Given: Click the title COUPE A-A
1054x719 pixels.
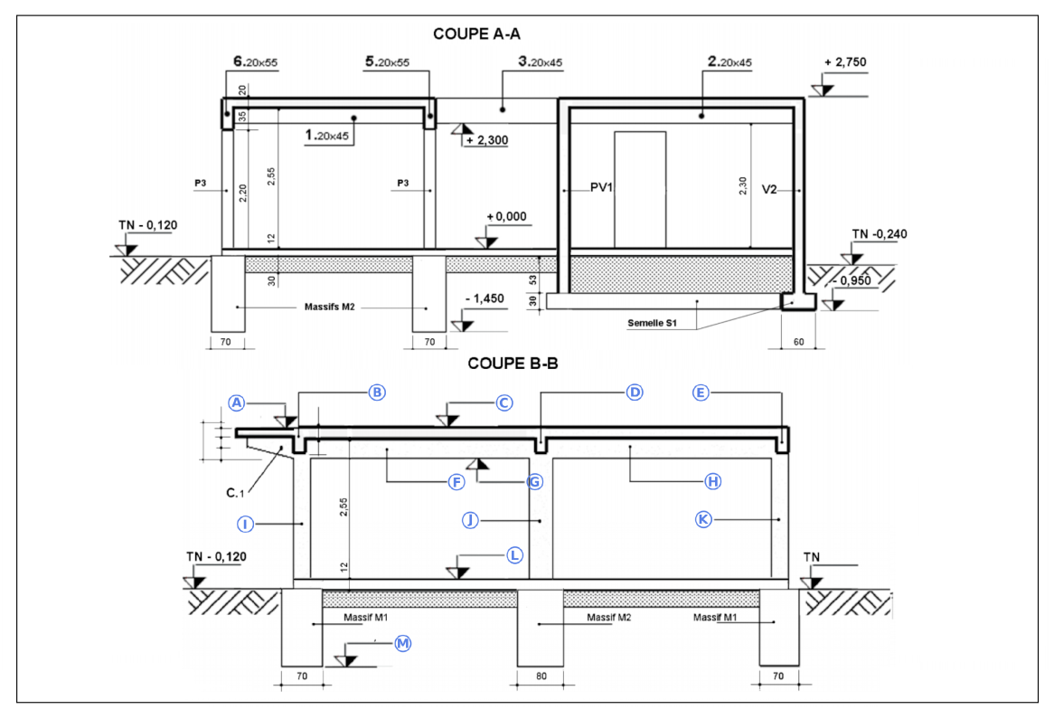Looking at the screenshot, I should pos(477,33).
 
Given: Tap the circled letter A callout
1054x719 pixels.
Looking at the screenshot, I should pos(237,403).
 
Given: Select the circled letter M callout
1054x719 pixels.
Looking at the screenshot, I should pos(402,643).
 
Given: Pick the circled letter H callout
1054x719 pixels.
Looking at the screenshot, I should pos(712,481).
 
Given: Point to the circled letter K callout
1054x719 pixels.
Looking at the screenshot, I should pos(704,519).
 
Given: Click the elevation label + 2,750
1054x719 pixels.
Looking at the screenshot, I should pos(846,62).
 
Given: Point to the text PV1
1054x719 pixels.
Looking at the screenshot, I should pos(602,190).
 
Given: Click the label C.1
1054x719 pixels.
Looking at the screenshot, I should pos(235,493).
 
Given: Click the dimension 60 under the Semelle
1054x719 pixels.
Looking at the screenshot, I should pos(797,343).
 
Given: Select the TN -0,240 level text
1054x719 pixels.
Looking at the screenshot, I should pos(879,234).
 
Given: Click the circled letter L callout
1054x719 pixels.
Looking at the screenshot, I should pos(514,554).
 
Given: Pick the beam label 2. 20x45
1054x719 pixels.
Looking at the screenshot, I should pos(730,62).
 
